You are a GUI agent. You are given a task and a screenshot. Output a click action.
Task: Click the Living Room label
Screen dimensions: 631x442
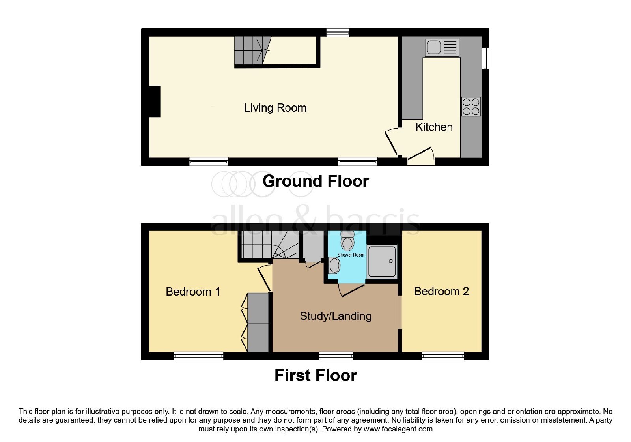click(x=275, y=108)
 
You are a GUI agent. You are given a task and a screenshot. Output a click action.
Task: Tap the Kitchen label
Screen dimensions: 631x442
click(x=434, y=127)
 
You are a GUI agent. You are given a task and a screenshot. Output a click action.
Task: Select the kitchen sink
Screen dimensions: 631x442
click(x=442, y=48)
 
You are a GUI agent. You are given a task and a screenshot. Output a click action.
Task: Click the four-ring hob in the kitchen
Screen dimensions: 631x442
click(x=471, y=107)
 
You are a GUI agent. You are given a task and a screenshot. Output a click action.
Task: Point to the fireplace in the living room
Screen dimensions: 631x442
click(x=155, y=101)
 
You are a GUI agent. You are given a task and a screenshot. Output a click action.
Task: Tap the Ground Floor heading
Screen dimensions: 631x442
click(x=315, y=181)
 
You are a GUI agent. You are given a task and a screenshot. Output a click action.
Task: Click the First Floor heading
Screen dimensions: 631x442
click(x=315, y=375)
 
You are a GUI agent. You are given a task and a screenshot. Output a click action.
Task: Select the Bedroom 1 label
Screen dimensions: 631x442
click(x=193, y=292)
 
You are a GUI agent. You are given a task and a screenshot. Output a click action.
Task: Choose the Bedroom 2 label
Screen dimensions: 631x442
click(x=441, y=291)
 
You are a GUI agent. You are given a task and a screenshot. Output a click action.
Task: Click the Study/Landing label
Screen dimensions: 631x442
click(x=336, y=316)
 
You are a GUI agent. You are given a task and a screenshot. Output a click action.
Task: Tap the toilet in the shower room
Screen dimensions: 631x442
click(x=347, y=241)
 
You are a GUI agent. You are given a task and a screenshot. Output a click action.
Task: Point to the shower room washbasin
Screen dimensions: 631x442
click(x=334, y=265)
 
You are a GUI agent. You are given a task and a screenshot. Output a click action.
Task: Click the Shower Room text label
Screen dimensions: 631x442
click(x=351, y=255)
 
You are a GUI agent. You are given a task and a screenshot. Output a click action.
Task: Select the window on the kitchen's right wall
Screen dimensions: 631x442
click(x=485, y=58)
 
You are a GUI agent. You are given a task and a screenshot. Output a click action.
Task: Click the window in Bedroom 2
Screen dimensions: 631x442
click(x=443, y=356)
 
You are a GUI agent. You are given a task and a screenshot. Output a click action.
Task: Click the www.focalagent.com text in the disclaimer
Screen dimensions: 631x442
click(x=398, y=429)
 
